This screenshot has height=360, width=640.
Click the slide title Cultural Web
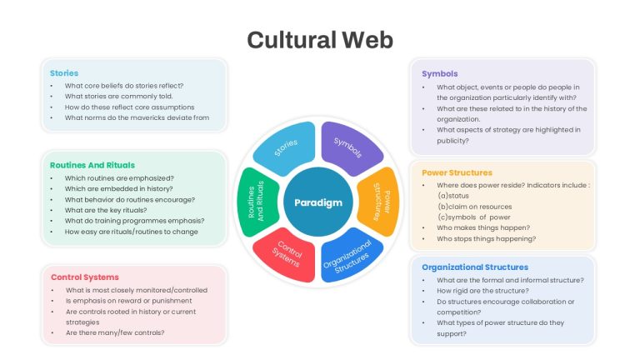(x=320, y=40)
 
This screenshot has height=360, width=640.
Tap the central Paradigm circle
(x=318, y=202)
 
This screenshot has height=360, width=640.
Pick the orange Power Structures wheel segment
(x=380, y=202)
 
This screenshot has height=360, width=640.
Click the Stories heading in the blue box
(x=64, y=73)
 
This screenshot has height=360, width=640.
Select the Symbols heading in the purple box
(x=440, y=74)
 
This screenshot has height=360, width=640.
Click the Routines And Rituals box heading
(x=92, y=165)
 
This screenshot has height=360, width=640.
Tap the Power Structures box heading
(x=457, y=172)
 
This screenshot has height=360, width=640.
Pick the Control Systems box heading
(x=85, y=277)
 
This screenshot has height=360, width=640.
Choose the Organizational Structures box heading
(x=475, y=267)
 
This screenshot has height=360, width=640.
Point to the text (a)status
(x=453, y=196)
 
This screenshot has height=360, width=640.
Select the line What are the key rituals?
(x=106, y=210)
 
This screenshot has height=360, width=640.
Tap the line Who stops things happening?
(x=486, y=239)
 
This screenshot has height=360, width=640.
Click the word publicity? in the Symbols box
(x=452, y=141)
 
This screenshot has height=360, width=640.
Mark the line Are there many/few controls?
(x=115, y=332)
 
